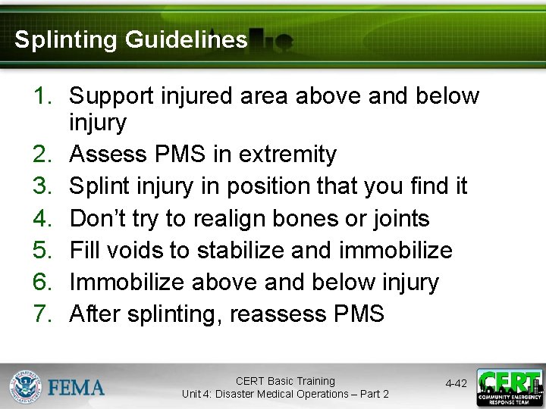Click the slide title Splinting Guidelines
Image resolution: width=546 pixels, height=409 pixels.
130,39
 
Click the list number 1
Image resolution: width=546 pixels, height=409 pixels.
42,96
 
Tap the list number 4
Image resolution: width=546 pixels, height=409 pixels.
42,219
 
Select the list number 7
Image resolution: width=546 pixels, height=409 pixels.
42,314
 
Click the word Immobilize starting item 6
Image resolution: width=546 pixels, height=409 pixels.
127,283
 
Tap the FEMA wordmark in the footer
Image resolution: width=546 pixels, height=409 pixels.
77,387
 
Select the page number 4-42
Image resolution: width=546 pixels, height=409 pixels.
456,384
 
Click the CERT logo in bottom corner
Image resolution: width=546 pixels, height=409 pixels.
510,387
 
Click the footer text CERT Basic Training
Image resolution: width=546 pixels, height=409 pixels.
285,381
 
